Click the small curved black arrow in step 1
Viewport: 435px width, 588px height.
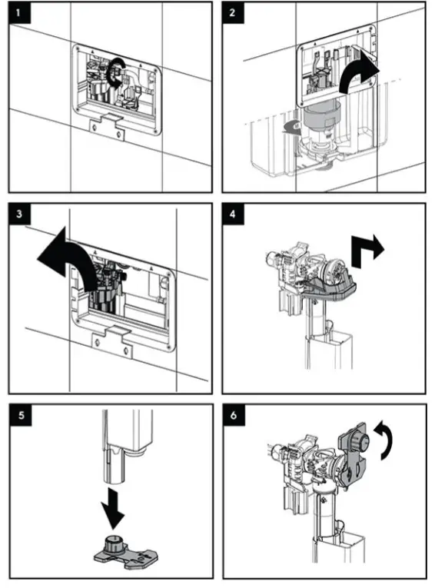116,70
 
